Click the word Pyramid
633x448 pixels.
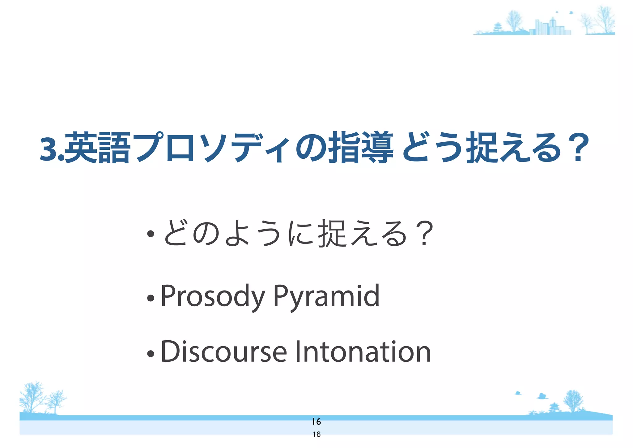pos(326,296)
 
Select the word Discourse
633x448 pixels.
pos(223,352)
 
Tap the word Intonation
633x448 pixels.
pos(363,352)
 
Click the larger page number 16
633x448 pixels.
pos(316,421)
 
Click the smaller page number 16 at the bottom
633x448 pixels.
pos(316,434)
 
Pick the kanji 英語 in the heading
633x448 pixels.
pos(96,148)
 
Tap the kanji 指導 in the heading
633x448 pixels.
pos(360,148)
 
